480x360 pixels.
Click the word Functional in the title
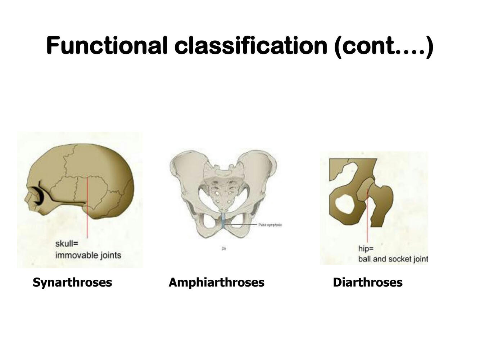(x=107, y=46)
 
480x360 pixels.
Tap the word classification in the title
(x=250, y=46)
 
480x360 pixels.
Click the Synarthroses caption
(x=72, y=282)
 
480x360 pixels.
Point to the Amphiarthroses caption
(x=216, y=282)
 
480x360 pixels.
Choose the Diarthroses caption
(x=367, y=282)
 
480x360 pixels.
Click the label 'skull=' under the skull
(x=67, y=244)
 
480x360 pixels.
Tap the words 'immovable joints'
(x=88, y=255)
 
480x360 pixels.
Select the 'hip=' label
(x=366, y=248)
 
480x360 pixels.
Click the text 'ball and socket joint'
(x=393, y=259)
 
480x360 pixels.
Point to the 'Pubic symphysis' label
(x=270, y=225)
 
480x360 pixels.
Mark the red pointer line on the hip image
(x=367, y=220)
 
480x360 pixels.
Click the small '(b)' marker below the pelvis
(x=224, y=248)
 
